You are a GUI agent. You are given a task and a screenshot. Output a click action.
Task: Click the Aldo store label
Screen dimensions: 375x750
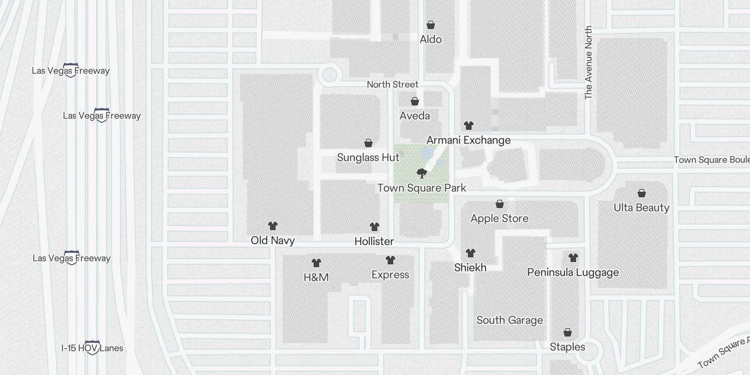430,39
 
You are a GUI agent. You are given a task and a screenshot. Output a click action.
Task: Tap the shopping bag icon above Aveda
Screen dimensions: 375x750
415,101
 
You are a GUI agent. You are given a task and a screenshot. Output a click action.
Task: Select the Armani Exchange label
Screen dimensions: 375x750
468,140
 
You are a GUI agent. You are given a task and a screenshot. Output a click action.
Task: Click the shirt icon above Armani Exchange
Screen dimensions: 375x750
469,126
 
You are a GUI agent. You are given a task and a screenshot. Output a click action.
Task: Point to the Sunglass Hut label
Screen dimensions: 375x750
368,157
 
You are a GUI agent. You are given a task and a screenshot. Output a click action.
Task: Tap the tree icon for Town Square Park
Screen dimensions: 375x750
422,173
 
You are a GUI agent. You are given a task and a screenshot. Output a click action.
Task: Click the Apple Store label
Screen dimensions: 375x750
499,218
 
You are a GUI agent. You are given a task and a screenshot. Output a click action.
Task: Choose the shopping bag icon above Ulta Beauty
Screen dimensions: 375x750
642,193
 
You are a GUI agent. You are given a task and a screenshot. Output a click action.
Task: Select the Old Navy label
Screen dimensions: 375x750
273,240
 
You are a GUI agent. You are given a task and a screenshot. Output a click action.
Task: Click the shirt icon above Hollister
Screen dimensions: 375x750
374,227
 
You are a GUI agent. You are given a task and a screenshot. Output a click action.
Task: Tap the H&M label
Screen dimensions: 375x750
316,277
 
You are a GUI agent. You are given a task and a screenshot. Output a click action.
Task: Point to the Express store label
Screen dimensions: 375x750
390,275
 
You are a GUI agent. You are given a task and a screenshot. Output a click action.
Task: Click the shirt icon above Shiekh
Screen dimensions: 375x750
471,253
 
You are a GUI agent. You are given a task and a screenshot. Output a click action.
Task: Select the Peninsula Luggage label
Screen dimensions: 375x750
573,272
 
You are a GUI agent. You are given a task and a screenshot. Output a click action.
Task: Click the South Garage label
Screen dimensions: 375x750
510,320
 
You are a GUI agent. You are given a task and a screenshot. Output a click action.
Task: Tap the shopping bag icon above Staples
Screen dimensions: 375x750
568,333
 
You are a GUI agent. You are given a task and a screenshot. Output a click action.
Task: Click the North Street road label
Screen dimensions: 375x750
392,84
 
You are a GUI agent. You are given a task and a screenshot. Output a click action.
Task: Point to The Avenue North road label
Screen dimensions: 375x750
588,62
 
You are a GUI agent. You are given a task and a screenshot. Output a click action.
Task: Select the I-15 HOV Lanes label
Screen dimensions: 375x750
92,348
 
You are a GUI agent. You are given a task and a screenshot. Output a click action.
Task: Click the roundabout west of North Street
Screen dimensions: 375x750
330,74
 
